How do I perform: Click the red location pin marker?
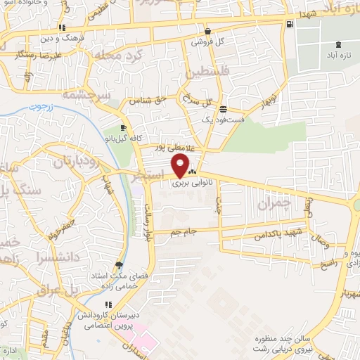[181, 167]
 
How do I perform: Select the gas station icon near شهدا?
[289, 25]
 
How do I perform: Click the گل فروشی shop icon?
[208, 32]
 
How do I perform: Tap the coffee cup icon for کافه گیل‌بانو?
[124, 127]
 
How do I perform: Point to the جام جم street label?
[193, 230]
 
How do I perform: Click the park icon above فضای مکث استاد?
[119, 265]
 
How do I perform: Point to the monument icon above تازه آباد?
[340, 44]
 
